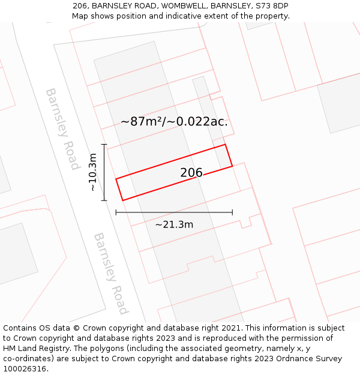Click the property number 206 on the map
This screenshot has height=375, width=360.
pyautogui.click(x=191, y=173)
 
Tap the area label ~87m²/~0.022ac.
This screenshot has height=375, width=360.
pyautogui.click(x=174, y=121)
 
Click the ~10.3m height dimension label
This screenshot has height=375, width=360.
pyautogui.click(x=92, y=172)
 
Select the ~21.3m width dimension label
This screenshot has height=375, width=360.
pyautogui.click(x=174, y=225)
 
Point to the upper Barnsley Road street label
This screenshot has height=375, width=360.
pyautogui.click(x=62, y=129)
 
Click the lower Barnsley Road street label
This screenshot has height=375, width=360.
pyautogui.click(x=111, y=273)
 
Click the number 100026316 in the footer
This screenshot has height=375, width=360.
pyautogui.click(x=24, y=369)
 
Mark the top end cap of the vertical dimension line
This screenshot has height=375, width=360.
pyautogui.click(x=104, y=145)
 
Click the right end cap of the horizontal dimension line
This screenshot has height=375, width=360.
pyautogui.click(x=232, y=212)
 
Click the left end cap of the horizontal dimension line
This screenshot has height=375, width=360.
pyautogui.click(x=116, y=212)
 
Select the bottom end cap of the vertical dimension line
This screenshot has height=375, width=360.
pyautogui.click(x=104, y=200)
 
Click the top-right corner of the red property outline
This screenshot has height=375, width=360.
pyautogui.click(x=225, y=145)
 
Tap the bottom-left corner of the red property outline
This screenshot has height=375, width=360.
pyautogui.click(x=123, y=200)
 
